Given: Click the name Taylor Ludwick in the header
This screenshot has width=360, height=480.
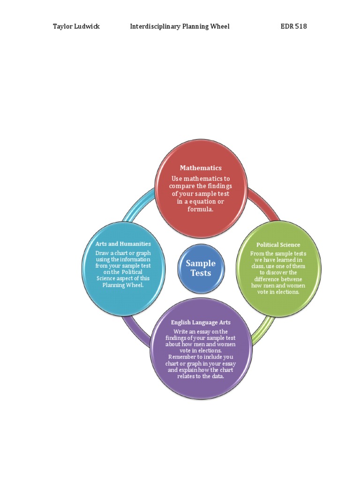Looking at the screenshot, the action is click(x=76, y=26).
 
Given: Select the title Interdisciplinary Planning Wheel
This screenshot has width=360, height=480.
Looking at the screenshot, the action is click(x=180, y=27).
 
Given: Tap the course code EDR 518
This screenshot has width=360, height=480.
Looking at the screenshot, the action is click(x=293, y=26).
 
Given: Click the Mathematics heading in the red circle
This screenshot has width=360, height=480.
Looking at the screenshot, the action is click(x=201, y=168).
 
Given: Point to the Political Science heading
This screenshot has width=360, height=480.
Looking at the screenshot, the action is click(x=278, y=245).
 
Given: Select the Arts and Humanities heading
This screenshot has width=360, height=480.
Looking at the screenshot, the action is click(x=123, y=244).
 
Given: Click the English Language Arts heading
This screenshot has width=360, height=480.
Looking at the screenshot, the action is click(x=201, y=322).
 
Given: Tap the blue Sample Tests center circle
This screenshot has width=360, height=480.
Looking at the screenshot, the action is click(x=201, y=269).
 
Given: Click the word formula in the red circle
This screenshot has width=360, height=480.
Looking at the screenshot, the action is click(x=200, y=209).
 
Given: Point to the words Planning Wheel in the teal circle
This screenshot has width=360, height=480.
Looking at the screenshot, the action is click(x=123, y=285).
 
